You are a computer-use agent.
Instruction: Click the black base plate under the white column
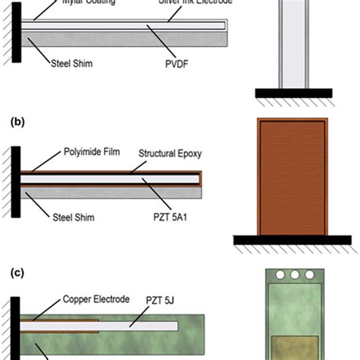292,93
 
